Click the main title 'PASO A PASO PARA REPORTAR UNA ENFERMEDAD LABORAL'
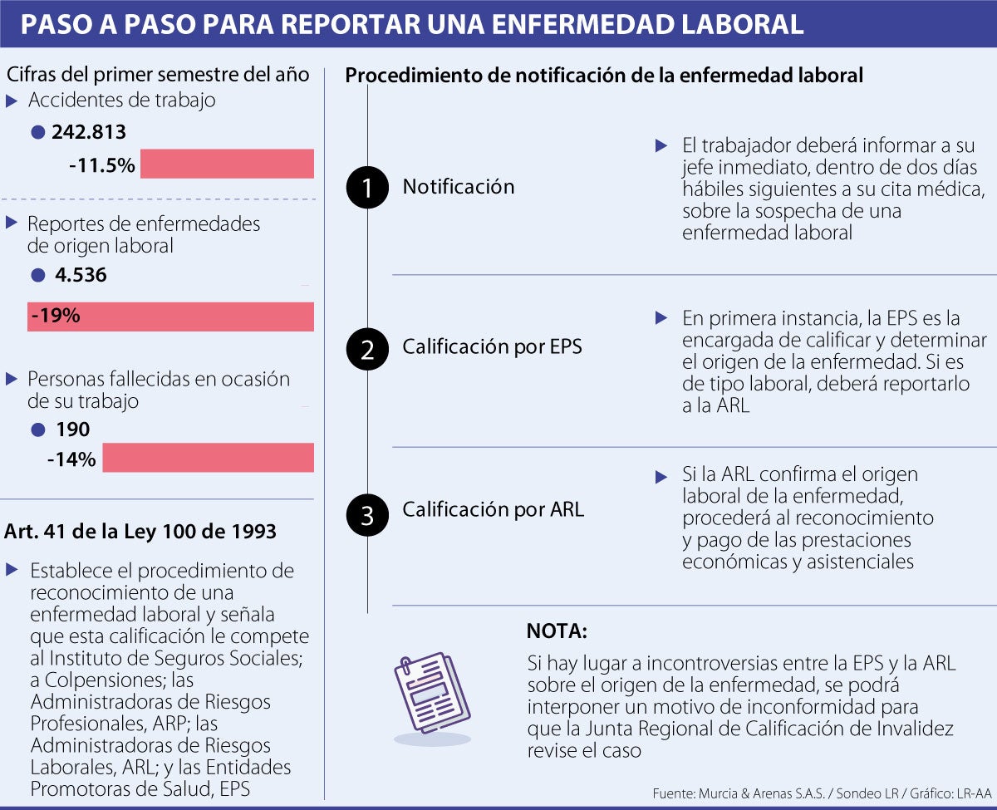[412, 23]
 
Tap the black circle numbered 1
[367, 188]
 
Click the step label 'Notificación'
[459, 187]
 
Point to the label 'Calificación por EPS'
[492, 347]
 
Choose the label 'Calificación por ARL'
[493, 509]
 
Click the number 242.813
[89, 132]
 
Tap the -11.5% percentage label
[102, 164]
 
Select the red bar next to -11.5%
[227, 164]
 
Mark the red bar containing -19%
[170, 317]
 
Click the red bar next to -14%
[208, 458]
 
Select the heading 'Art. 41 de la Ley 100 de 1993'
[141, 531]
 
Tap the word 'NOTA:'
[557, 631]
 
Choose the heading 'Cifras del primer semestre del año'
[158, 75]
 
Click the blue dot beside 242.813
[37, 133]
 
